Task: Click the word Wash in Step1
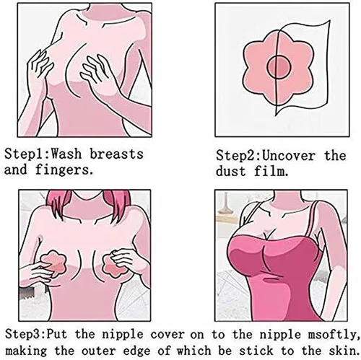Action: pos(66,154)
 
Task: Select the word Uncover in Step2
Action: pos(288,155)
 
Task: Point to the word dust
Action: pos(230,172)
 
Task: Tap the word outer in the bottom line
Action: pos(99,351)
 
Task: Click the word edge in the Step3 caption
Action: pos(138,351)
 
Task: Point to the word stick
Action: pos(256,351)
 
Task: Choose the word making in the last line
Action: pos(26,351)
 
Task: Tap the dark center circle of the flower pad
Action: pos(279,67)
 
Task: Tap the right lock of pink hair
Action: pos(118,201)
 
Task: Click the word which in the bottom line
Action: pos(194,351)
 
